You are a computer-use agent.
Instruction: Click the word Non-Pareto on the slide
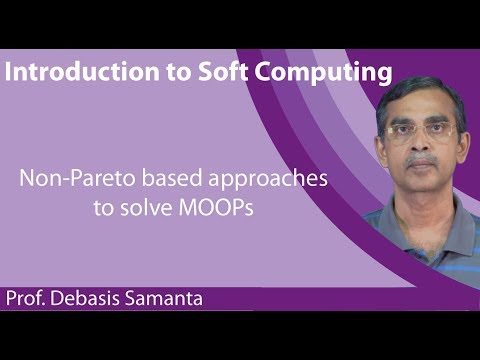(71, 180)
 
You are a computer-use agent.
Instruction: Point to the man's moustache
(422, 159)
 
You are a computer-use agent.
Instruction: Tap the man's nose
(421, 146)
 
